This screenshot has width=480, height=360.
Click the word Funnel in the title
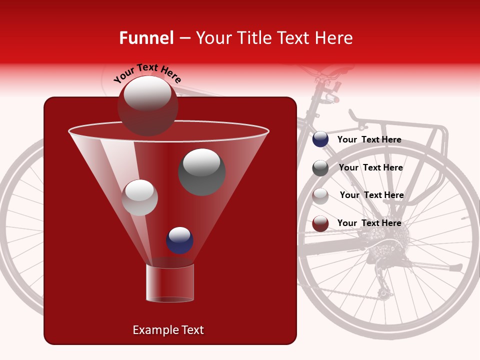(x=146, y=38)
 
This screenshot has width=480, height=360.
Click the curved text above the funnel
(x=147, y=73)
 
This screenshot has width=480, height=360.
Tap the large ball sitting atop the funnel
(x=147, y=105)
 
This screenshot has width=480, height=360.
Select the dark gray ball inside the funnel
(x=201, y=171)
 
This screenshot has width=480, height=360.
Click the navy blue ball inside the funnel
(x=179, y=240)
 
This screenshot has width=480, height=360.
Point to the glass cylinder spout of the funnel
(x=170, y=283)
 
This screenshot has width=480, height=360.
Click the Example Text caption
(x=168, y=330)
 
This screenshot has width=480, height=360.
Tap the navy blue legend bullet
(x=320, y=139)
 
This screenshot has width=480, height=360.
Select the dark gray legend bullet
(x=320, y=168)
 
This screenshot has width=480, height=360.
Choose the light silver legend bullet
(x=320, y=195)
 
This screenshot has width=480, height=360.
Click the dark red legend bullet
(x=320, y=223)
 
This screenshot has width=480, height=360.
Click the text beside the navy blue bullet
(x=369, y=139)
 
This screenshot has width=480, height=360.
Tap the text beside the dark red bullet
(x=369, y=223)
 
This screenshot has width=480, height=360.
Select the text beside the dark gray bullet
(x=370, y=167)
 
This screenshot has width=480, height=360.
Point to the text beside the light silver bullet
(x=371, y=195)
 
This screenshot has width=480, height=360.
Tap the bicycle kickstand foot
(x=455, y=268)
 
